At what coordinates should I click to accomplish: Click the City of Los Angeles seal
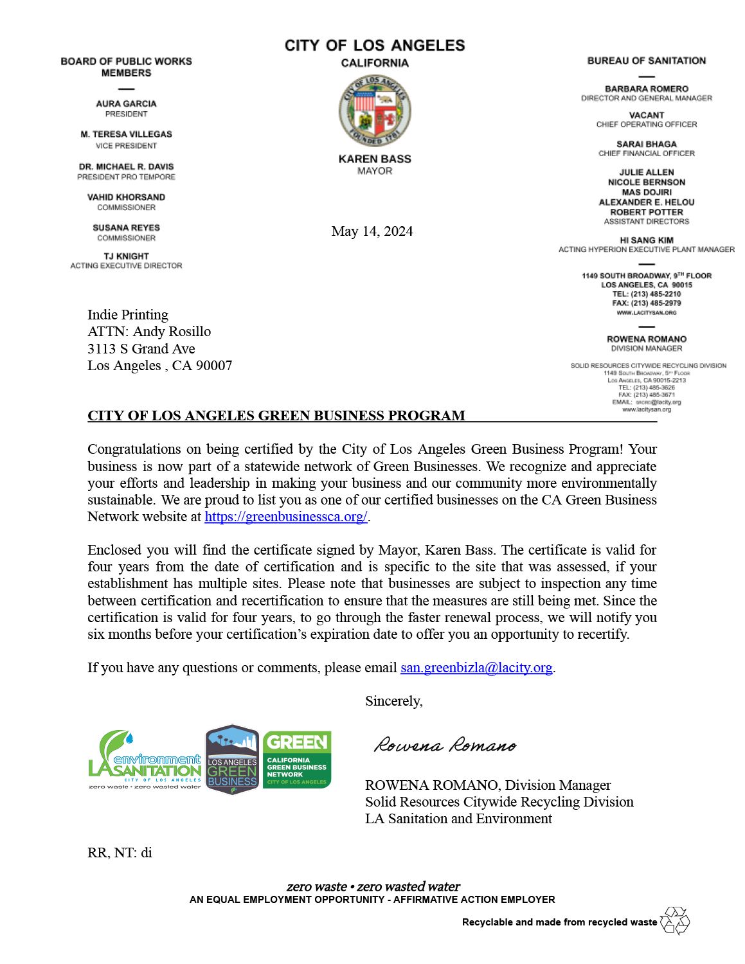point(375,111)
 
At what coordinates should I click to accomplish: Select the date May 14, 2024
point(372,231)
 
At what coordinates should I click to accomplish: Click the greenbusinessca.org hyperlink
point(286,517)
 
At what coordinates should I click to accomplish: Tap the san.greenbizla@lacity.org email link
point(476,668)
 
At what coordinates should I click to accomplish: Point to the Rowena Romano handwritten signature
point(445,745)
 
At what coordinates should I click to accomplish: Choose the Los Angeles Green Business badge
point(232,760)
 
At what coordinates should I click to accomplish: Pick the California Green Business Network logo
point(297,760)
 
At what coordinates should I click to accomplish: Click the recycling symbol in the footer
point(675,920)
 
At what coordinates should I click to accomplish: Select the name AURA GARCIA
point(126,103)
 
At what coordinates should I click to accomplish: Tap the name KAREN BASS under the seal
point(375,159)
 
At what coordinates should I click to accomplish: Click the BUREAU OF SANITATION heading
point(646,61)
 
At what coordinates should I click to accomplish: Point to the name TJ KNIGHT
point(126,256)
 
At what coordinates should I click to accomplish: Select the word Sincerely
point(393,701)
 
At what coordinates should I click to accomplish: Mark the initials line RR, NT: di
point(120,853)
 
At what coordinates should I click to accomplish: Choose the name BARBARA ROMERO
point(646,89)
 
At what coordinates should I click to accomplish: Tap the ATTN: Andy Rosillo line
point(149,332)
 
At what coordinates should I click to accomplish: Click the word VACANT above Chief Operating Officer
point(646,115)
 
